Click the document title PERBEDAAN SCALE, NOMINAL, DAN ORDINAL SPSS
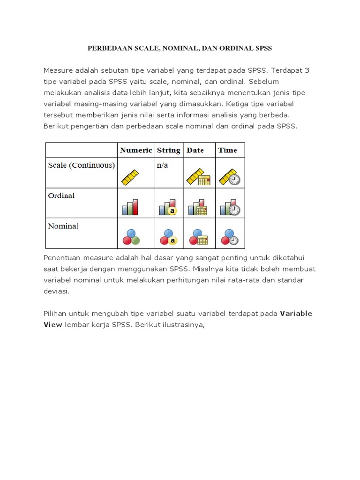pyautogui.click(x=180, y=48)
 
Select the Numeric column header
pyautogui.click(x=136, y=150)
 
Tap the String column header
pyautogui.click(x=168, y=150)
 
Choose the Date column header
pyautogui.click(x=195, y=150)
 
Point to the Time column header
pyautogui.click(x=227, y=150)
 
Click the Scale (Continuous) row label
pyautogui.click(x=81, y=165)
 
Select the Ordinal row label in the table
pyautogui.click(x=61, y=195)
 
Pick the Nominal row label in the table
pyautogui.click(x=63, y=226)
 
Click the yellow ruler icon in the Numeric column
pyautogui.click(x=131, y=177)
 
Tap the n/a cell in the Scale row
pyautogui.click(x=162, y=165)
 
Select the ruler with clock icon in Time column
pyautogui.click(x=230, y=176)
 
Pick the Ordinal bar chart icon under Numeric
pyautogui.click(x=130, y=207)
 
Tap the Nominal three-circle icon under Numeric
pyautogui.click(x=131, y=237)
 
